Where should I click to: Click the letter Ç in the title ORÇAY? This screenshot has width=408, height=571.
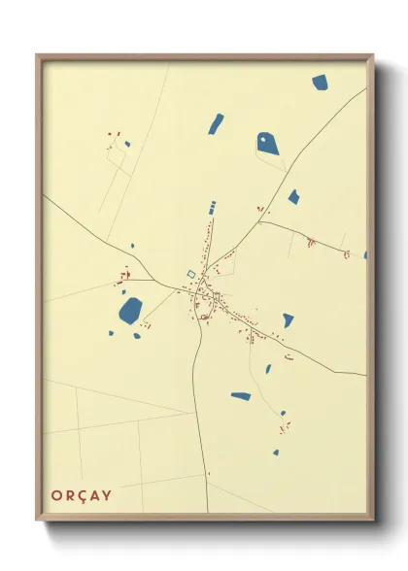tap(82, 496)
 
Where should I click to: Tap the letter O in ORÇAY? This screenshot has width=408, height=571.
tap(56, 496)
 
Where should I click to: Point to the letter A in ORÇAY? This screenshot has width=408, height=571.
tap(94, 496)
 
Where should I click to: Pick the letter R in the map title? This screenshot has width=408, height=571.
tap(69, 496)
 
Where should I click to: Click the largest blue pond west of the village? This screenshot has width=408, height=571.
tap(129, 311)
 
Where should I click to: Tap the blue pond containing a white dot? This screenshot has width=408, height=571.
tap(267, 144)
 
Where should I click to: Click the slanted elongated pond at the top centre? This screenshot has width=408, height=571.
tap(216, 123)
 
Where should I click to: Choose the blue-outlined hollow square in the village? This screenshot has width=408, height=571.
tap(190, 275)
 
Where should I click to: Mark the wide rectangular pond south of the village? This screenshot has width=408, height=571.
tap(241, 395)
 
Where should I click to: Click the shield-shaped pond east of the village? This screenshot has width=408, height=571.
tap(288, 319)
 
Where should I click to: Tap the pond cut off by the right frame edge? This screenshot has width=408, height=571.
tap(365, 255)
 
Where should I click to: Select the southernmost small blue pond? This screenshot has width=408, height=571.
tap(276, 452)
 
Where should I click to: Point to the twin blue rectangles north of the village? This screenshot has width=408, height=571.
tap(213, 206)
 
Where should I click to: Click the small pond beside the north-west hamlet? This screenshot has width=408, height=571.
tap(127, 145)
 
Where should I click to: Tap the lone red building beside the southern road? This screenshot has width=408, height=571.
tap(208, 473)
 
